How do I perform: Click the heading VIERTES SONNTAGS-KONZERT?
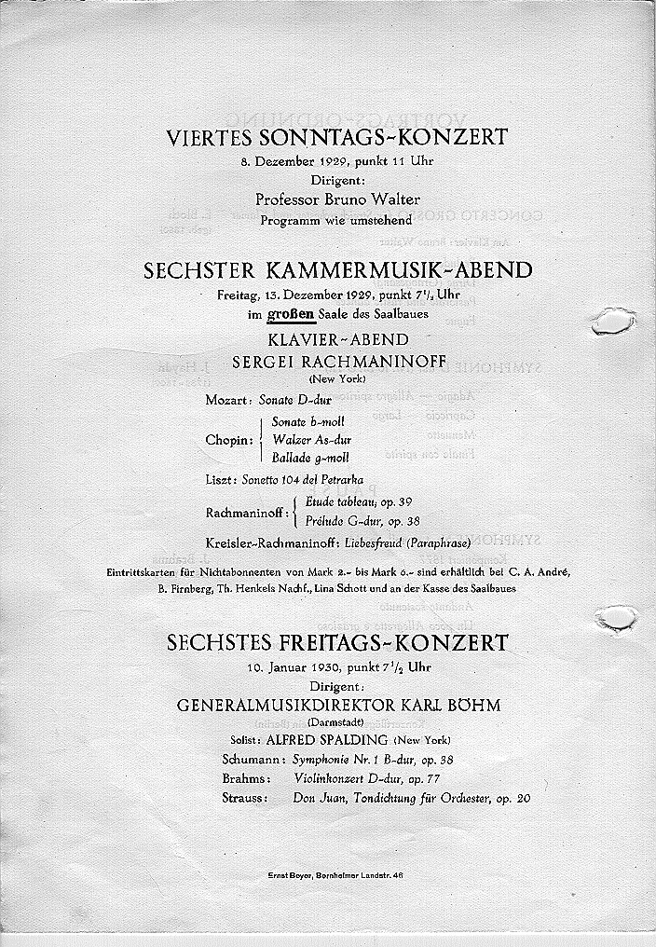point(337,138)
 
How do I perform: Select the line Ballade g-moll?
point(310,458)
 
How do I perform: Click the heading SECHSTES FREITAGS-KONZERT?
point(337,643)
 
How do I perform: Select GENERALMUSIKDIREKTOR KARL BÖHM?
point(338,706)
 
